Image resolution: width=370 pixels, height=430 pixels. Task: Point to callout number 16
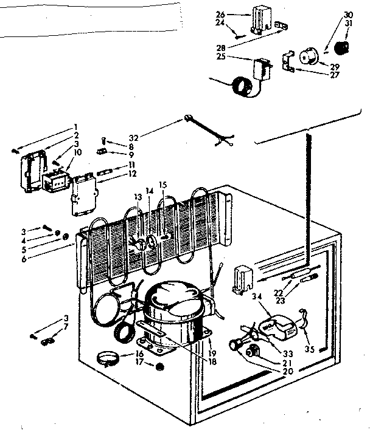pos(139,352)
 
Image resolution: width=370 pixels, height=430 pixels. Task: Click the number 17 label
pos(139,363)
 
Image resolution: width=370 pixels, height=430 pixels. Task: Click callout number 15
pos(162,185)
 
